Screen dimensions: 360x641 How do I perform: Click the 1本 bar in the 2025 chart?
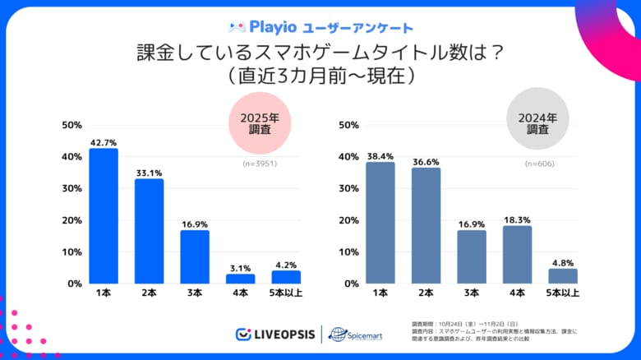click(x=104, y=216)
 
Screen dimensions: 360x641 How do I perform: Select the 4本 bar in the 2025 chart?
click(x=241, y=279)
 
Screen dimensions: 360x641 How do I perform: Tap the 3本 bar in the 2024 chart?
click(x=472, y=256)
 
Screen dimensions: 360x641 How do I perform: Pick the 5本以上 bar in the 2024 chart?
click(x=563, y=276)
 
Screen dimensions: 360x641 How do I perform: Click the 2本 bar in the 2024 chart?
click(x=426, y=225)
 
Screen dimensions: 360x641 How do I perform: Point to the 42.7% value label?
click(x=104, y=141)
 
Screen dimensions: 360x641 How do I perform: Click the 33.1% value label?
click(x=149, y=172)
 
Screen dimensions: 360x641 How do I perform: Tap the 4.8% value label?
click(x=563, y=262)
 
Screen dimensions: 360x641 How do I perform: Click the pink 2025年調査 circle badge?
click(x=261, y=122)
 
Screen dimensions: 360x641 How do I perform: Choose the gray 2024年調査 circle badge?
click(x=538, y=122)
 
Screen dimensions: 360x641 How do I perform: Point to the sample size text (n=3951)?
click(x=261, y=164)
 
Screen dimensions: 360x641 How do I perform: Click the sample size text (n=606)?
click(x=539, y=164)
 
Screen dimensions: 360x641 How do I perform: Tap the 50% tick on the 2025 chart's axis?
click(x=71, y=125)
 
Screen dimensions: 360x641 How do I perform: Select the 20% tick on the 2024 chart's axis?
click(x=348, y=220)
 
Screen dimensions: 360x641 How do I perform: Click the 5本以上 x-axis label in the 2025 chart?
click(x=286, y=293)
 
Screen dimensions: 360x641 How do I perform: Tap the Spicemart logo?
click(x=356, y=335)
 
